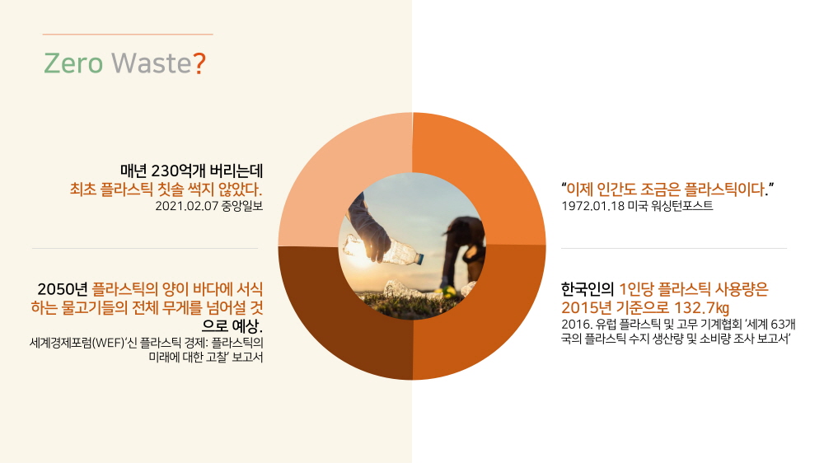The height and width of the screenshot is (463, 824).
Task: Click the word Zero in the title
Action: pyautogui.click(x=73, y=63)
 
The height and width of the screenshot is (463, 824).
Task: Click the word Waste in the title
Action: pyautogui.click(x=152, y=63)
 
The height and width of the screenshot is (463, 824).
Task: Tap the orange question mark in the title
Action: pyautogui.click(x=199, y=63)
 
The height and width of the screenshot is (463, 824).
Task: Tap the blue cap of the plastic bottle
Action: pyautogui.click(x=419, y=258)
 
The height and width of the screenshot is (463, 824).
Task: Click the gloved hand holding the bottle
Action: pyautogui.click(x=368, y=228)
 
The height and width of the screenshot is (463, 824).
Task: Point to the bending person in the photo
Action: pyautogui.click(x=462, y=252)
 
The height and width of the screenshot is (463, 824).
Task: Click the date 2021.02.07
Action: pyautogui.click(x=186, y=206)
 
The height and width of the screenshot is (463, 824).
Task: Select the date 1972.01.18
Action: pyautogui.click(x=592, y=206)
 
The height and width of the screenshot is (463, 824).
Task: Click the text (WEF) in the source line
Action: pyautogui.click(x=108, y=344)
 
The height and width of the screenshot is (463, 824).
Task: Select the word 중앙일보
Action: pyautogui.click(x=242, y=206)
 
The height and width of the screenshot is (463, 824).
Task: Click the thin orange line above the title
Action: pyautogui.click(x=128, y=34)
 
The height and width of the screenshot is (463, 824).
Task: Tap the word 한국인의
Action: pyautogui.click(x=587, y=289)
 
